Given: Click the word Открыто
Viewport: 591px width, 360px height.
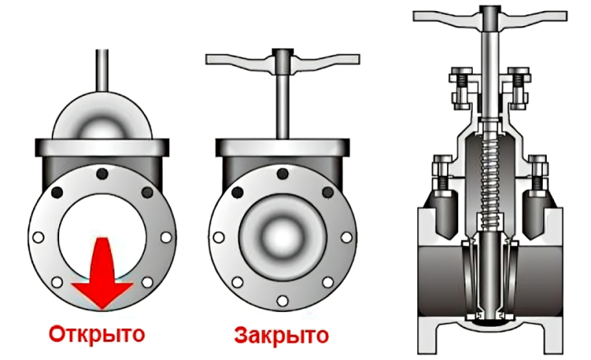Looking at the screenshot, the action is click(97, 334).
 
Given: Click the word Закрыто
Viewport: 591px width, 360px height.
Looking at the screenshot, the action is click(281, 335).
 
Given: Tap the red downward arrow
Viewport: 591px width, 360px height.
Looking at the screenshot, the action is click(102, 273).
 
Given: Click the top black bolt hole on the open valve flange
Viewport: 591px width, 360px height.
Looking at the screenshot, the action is click(102, 174).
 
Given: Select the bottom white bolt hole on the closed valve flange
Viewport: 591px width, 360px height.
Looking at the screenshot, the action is click(282, 301).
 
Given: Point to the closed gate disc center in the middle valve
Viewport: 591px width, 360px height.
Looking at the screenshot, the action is click(282, 238).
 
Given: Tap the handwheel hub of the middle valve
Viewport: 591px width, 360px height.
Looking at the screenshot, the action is click(283, 61).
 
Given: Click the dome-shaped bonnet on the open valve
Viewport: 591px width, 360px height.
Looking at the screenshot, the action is click(102, 116).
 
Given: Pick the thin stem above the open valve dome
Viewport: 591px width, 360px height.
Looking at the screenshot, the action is click(102, 70).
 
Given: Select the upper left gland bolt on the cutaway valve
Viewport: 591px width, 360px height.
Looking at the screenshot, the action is click(461, 88).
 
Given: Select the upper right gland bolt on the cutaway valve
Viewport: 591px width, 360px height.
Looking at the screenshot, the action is click(519, 88).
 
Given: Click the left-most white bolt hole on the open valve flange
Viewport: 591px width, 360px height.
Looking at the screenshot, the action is click(38, 237).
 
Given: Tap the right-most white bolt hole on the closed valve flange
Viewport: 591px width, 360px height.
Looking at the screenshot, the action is click(346, 237).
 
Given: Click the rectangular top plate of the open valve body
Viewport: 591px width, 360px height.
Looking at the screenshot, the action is click(102, 147).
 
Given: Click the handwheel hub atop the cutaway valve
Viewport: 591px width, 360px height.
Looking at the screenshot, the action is click(490, 18).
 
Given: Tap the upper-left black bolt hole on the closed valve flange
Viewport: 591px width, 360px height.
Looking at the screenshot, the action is click(237, 193).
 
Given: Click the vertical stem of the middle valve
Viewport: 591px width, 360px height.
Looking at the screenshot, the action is click(283, 106).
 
